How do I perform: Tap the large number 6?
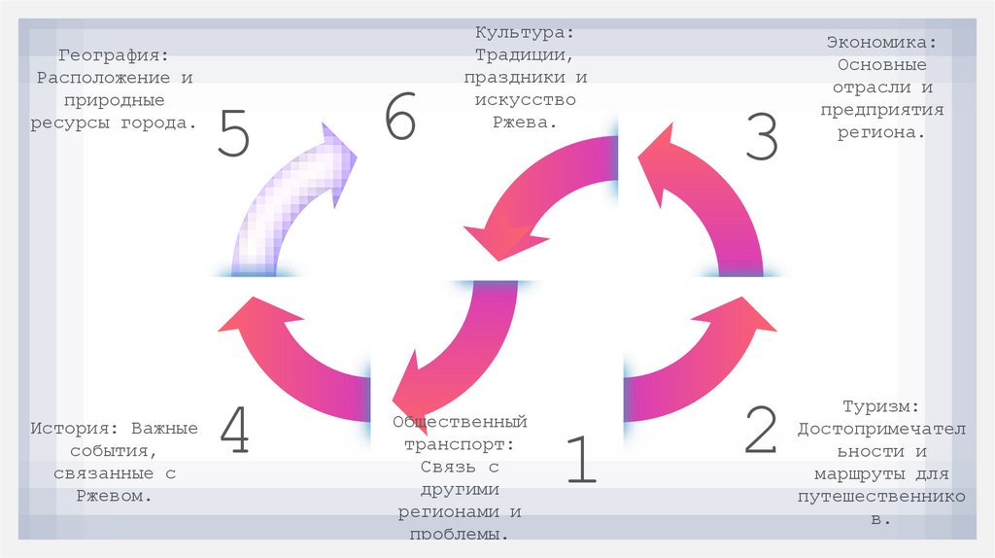pyautogui.click(x=399, y=120)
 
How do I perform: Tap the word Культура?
pyautogui.click(x=515, y=33)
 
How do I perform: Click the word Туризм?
pyautogui.click(x=880, y=406)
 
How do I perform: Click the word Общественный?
pyautogui.click(x=460, y=422)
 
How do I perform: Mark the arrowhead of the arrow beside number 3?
pyautogui.click(x=660, y=160)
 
